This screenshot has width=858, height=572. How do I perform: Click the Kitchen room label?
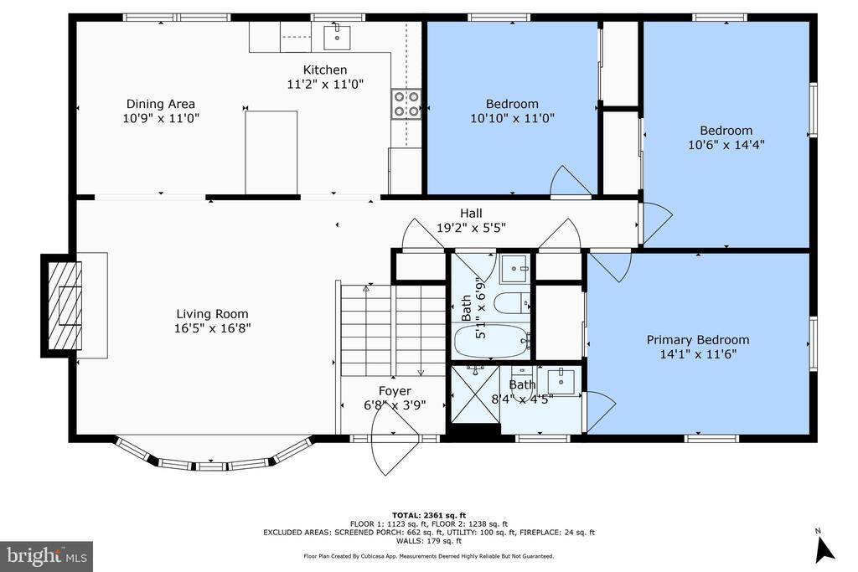325,70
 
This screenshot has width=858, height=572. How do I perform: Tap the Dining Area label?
160,104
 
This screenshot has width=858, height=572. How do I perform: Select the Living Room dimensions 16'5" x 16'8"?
212,328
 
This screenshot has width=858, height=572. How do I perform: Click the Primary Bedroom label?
698,339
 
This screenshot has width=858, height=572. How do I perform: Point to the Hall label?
471,214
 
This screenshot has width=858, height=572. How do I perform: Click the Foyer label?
395,391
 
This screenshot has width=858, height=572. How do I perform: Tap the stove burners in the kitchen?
406,104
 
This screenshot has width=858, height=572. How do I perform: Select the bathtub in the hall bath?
493,341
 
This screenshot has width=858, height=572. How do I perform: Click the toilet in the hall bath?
512,303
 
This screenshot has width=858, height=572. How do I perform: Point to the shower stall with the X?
475,394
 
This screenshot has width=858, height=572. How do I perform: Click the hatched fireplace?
65,306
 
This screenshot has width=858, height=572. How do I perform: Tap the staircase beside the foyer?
393,330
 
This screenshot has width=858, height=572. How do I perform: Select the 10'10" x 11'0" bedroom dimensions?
512,118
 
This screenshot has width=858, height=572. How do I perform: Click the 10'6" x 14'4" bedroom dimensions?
726,145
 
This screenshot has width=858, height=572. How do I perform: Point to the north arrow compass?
824,548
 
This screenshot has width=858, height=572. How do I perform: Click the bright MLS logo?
47,557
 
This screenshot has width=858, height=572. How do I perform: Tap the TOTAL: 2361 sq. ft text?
429,515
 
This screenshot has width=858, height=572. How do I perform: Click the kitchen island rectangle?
271,152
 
